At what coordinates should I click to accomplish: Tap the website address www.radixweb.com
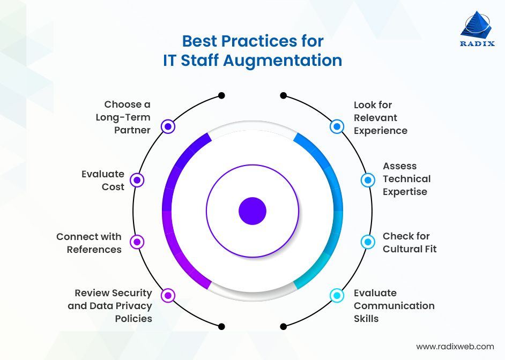point(455,347)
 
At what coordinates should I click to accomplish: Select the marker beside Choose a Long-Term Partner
point(168,126)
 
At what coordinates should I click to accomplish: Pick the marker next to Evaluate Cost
point(138,180)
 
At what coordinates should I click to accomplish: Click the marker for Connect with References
point(138,242)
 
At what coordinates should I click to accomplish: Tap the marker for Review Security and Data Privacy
point(168,295)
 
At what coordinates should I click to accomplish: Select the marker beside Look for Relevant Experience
point(337,126)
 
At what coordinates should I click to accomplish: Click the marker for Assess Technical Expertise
point(368,180)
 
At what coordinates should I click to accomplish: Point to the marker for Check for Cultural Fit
point(368,242)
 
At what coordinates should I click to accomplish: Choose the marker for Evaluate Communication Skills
point(337,295)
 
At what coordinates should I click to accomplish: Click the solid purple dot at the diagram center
point(252,211)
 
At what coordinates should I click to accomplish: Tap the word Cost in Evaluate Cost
point(113,187)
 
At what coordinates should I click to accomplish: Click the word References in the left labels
point(94,250)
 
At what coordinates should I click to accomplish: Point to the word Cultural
point(402,249)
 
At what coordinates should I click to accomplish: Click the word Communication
point(394,306)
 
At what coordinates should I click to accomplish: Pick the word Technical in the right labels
point(406,179)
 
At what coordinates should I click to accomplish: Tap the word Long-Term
point(123,117)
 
